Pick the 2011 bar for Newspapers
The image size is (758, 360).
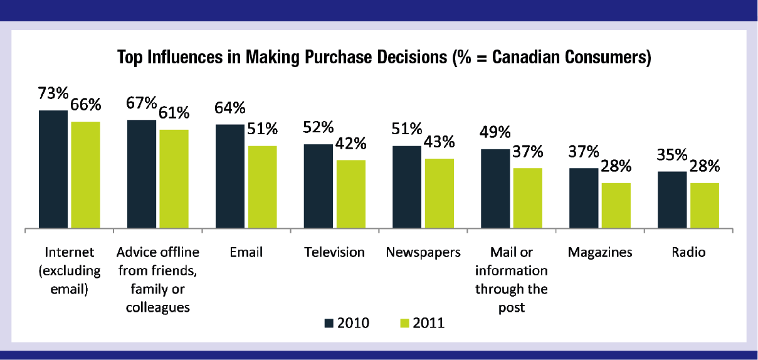[x=439, y=193]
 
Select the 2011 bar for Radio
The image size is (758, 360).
[x=704, y=205]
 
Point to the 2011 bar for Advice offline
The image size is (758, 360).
[x=174, y=179]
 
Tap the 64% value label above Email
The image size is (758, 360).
[x=229, y=108]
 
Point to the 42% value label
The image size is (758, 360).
[x=351, y=144]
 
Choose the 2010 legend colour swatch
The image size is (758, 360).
[x=329, y=323]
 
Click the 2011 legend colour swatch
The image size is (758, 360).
[x=404, y=323]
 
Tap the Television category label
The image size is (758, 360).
[x=334, y=252]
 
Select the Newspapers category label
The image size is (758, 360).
[x=423, y=252]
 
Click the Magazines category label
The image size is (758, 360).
[x=600, y=252]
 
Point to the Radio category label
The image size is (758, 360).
[x=688, y=252]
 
